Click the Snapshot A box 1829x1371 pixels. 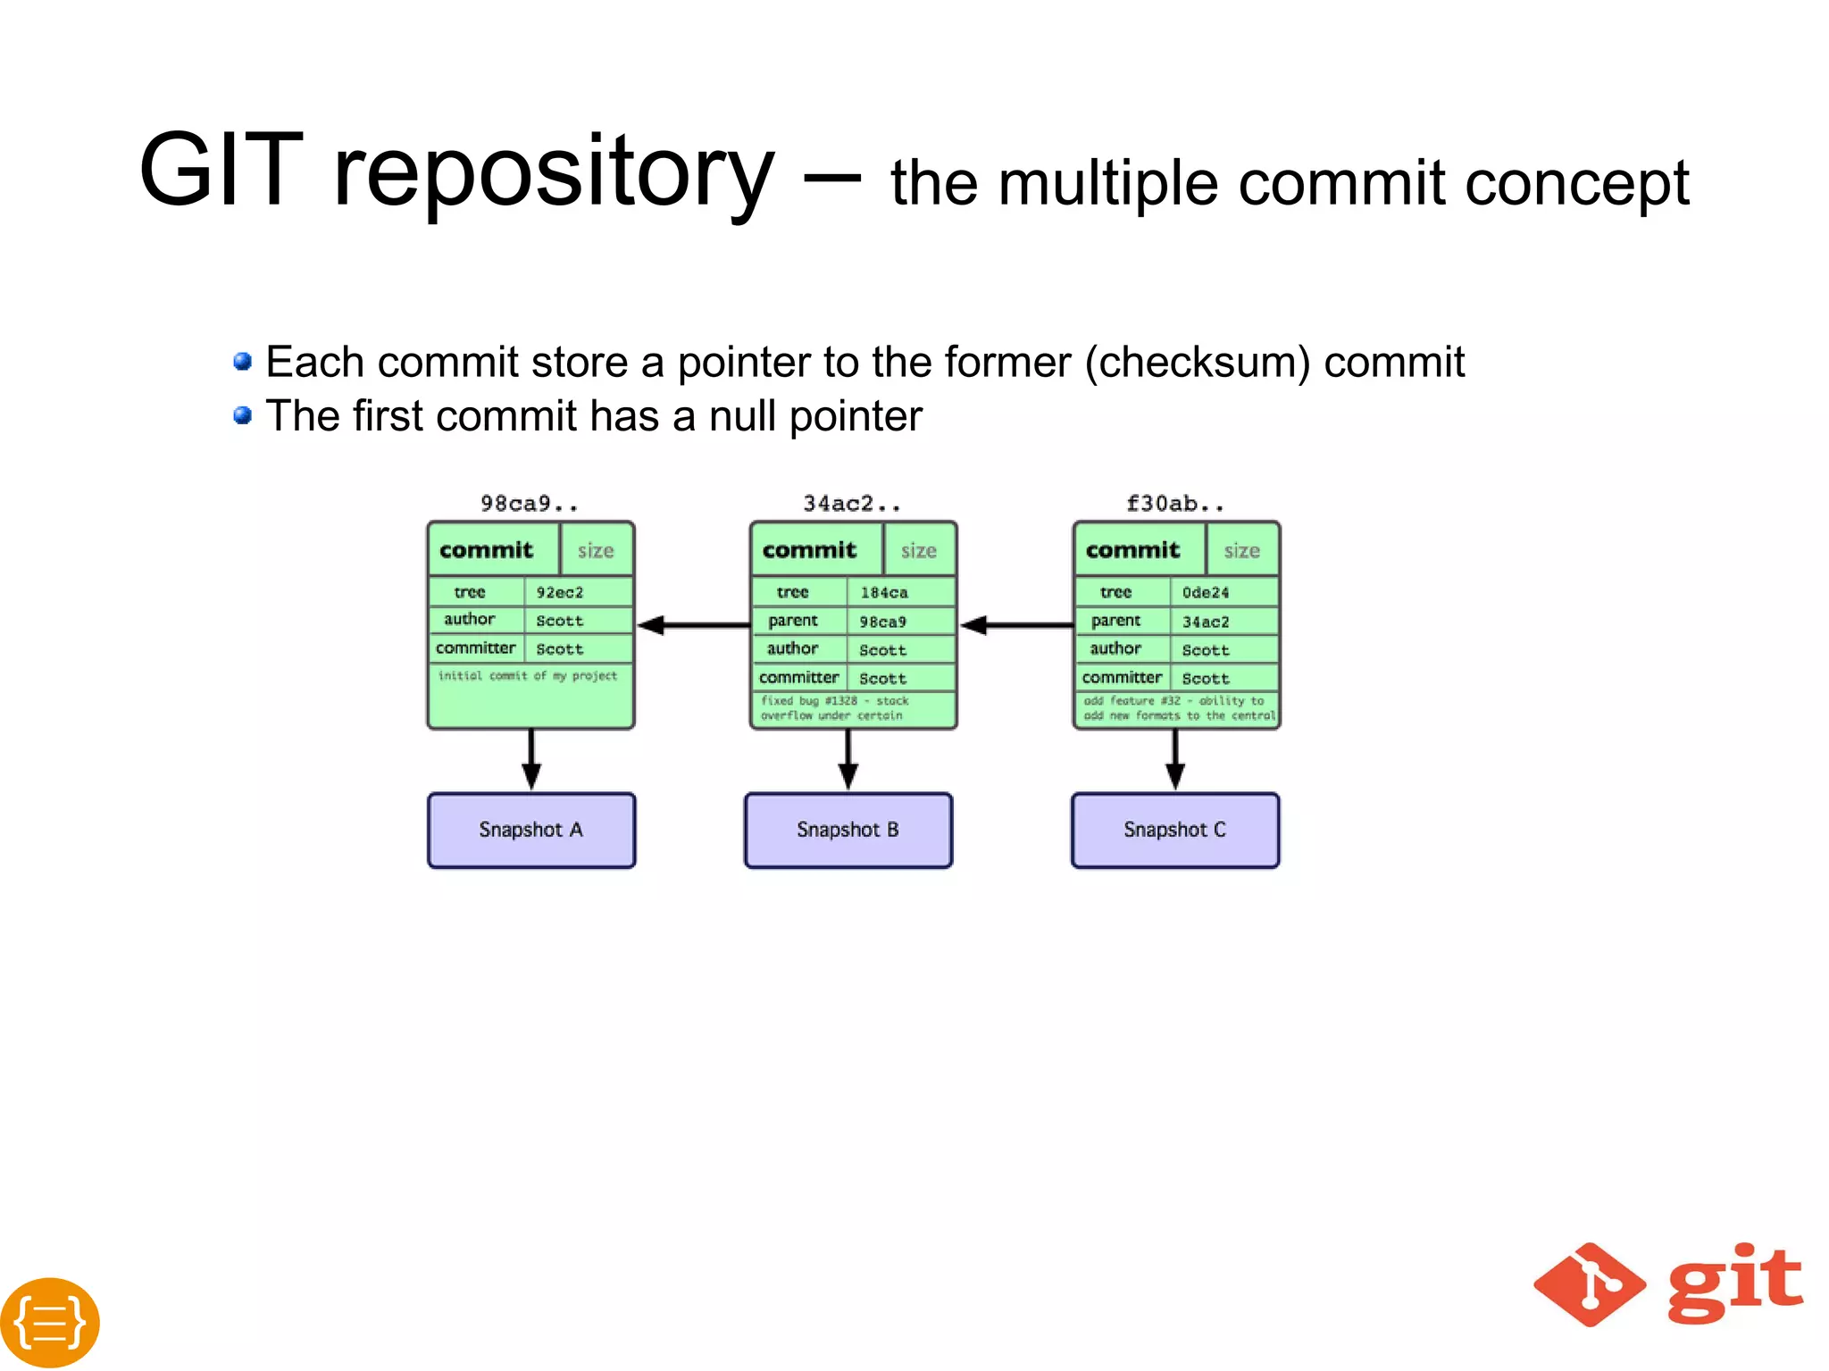coord(531,830)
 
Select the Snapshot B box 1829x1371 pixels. coord(848,830)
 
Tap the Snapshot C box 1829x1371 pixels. coord(1175,830)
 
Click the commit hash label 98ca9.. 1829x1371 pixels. coord(529,504)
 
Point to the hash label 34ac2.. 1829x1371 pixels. coord(852,504)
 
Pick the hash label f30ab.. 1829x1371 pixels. coord(1175,504)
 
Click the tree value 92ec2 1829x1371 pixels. coord(561,592)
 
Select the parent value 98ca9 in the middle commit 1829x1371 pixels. coord(883,622)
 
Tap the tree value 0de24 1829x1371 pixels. coord(1206,592)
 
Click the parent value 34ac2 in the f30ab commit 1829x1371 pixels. coord(1206,622)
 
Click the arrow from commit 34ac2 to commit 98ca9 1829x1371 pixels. coord(693,625)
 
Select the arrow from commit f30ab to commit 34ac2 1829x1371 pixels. coord(1016,625)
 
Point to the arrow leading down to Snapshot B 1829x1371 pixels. coord(848,760)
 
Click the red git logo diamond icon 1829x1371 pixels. coord(1590,1284)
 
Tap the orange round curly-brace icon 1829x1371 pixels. coord(50,1322)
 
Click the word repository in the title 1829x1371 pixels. coord(554,171)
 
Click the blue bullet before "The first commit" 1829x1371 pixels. coord(242,415)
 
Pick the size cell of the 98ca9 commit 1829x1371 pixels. coord(596,550)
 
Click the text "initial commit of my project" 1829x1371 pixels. coord(528,676)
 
